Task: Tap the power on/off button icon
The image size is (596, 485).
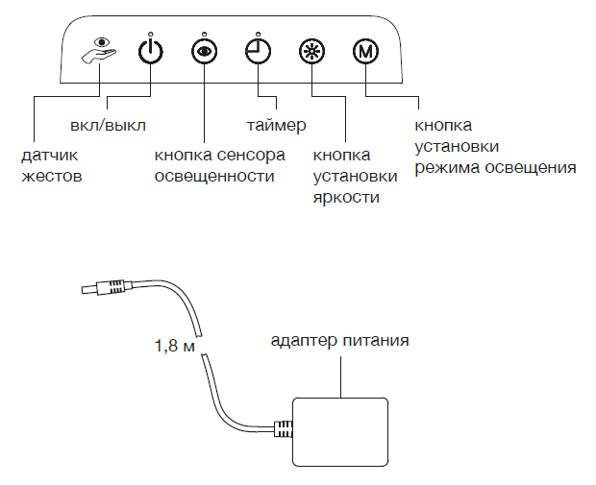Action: click(x=150, y=50)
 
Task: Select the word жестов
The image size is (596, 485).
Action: click(x=52, y=177)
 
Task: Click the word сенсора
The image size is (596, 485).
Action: click(x=251, y=156)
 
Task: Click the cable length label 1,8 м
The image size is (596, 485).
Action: click(x=175, y=345)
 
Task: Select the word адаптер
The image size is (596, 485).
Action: click(x=303, y=340)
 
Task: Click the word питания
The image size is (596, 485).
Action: click(x=377, y=340)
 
